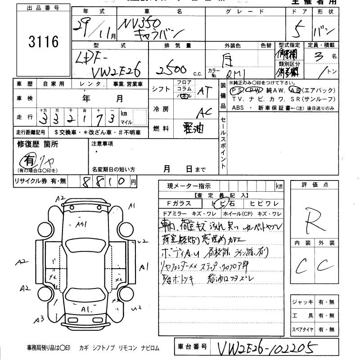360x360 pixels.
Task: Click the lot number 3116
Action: coord(44,43)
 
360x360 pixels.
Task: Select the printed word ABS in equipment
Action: coord(237,108)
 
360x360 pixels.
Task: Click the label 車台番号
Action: coord(191,347)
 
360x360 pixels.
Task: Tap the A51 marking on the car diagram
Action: coord(81,224)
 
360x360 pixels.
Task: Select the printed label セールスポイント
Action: coord(224,144)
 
